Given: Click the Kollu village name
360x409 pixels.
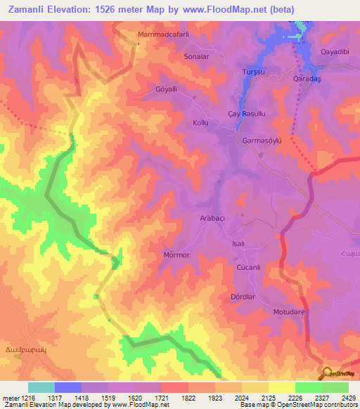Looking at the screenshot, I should (202, 123).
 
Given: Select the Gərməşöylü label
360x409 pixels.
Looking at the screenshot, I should (262, 141).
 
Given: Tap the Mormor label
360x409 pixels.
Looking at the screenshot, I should (176, 255).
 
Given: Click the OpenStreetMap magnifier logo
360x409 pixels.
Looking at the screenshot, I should (326, 374).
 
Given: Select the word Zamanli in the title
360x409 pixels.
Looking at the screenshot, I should (29, 9).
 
